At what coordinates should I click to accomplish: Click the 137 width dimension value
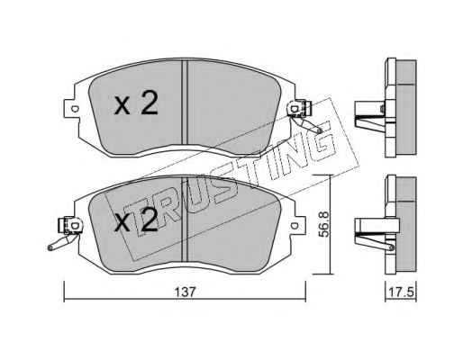pos(186,292)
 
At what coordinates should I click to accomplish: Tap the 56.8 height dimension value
pos(323,224)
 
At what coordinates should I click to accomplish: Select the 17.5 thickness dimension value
pos(402,292)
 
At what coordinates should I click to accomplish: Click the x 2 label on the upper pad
pos(136,103)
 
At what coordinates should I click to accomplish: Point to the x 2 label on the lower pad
pos(136,220)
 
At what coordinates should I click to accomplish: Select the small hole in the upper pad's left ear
pos(75,109)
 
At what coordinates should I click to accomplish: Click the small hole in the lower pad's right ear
pos(295,225)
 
